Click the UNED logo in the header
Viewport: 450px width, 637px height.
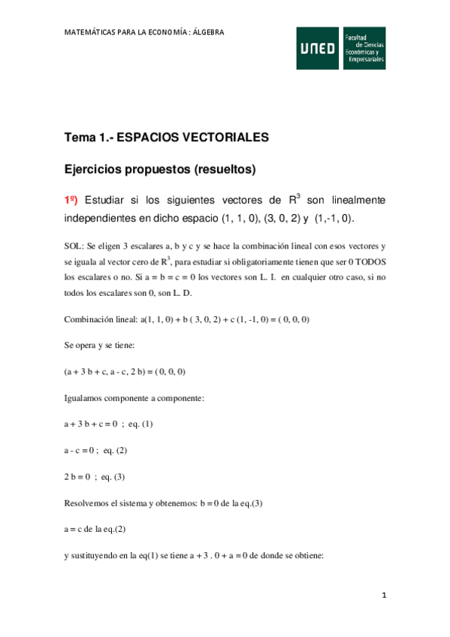(318, 48)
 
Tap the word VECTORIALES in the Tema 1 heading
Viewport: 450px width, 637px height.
(216, 137)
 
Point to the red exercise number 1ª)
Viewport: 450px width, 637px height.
(71, 201)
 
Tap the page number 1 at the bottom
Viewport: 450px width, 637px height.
(384, 596)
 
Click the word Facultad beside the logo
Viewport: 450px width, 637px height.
(357, 37)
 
